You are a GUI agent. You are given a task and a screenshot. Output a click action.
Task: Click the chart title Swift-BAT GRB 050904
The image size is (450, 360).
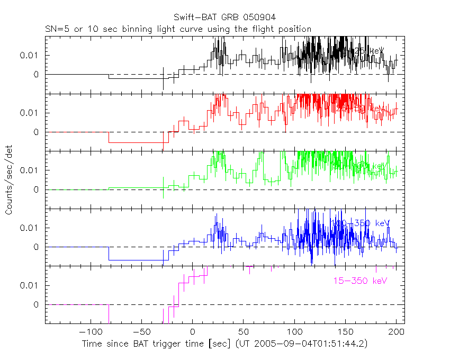click(x=224, y=18)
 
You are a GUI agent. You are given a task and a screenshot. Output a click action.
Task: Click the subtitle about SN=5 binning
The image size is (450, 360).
click(x=178, y=29)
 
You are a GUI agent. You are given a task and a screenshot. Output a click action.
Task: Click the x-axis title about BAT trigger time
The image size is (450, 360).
click(x=224, y=344)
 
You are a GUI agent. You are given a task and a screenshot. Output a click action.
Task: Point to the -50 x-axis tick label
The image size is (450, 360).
click(x=140, y=331)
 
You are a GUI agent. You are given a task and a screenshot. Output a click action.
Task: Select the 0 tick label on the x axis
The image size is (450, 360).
click(x=192, y=331)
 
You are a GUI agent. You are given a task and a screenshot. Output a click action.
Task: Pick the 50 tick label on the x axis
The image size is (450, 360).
click(x=243, y=331)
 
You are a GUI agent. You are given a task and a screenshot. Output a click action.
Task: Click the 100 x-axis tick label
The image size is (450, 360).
click(x=294, y=331)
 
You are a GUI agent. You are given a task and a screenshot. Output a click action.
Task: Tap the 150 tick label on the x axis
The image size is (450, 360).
click(x=345, y=331)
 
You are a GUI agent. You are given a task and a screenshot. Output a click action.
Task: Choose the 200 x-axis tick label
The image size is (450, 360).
click(x=396, y=331)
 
